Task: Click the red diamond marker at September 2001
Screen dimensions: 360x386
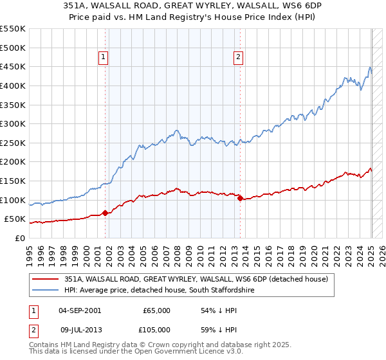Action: coord(105,213)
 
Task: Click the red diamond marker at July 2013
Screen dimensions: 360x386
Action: coord(240,199)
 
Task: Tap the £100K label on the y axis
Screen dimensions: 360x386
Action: coord(13,200)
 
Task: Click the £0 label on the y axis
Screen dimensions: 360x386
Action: coord(19,238)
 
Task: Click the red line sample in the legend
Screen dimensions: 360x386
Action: coord(46,279)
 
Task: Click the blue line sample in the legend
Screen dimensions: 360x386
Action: coord(46,290)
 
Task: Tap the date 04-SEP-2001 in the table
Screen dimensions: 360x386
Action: coord(80,310)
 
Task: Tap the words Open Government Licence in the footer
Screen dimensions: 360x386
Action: coord(186,353)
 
